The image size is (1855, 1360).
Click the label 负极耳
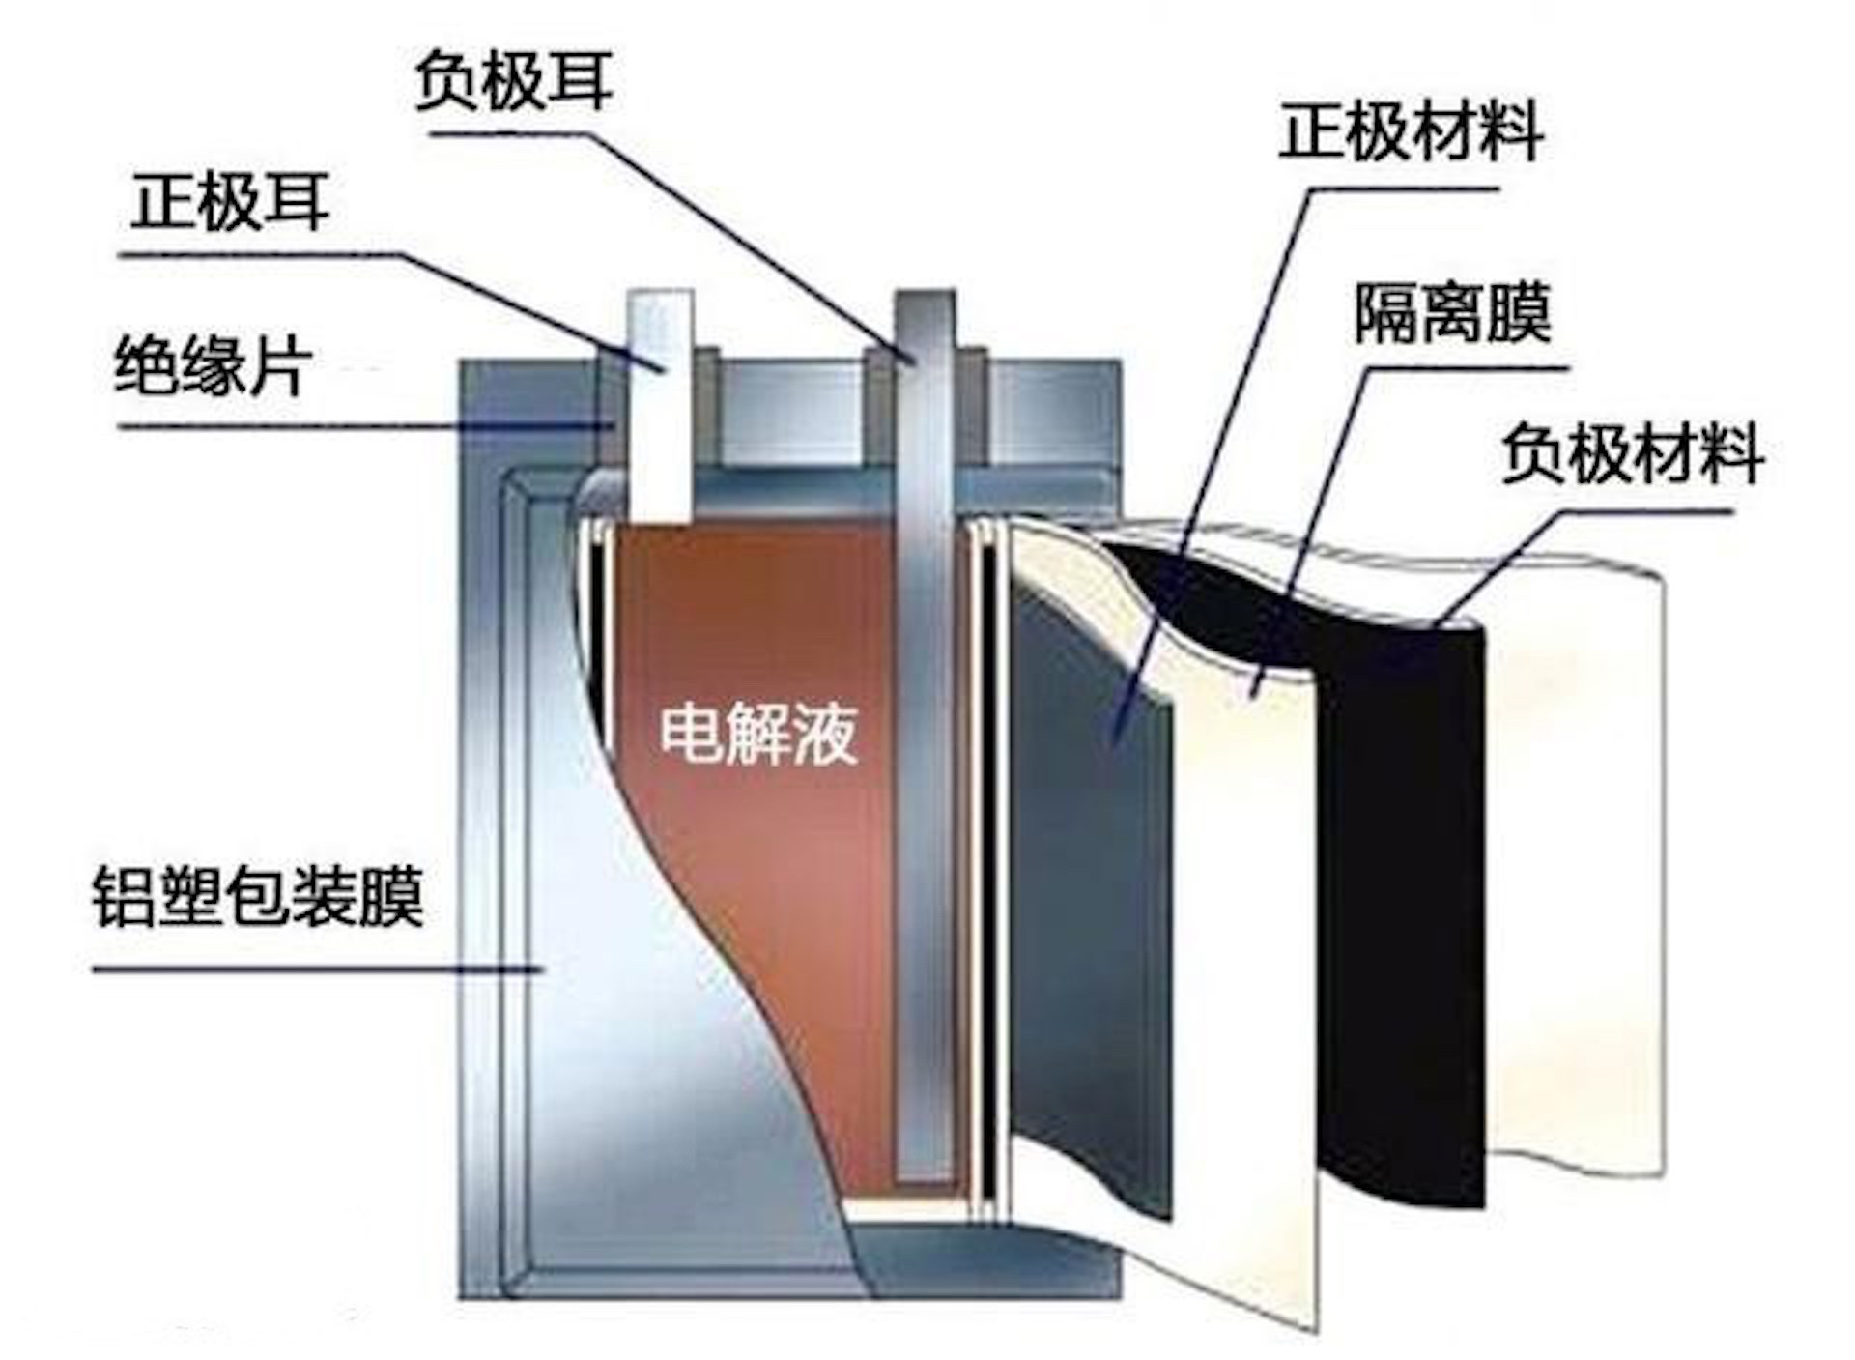click(513, 82)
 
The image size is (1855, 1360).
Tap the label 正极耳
click(230, 202)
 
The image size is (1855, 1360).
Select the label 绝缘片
click(213, 366)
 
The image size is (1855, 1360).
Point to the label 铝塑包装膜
click(258, 899)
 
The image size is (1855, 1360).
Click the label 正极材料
click(1410, 132)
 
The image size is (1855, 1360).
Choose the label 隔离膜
click(1451, 313)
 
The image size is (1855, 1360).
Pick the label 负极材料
click(1632, 454)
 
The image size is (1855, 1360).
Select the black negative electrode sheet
click(1401, 870)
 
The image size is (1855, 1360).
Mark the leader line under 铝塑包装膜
click(309, 968)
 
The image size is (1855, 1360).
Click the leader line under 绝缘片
click(338, 425)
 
